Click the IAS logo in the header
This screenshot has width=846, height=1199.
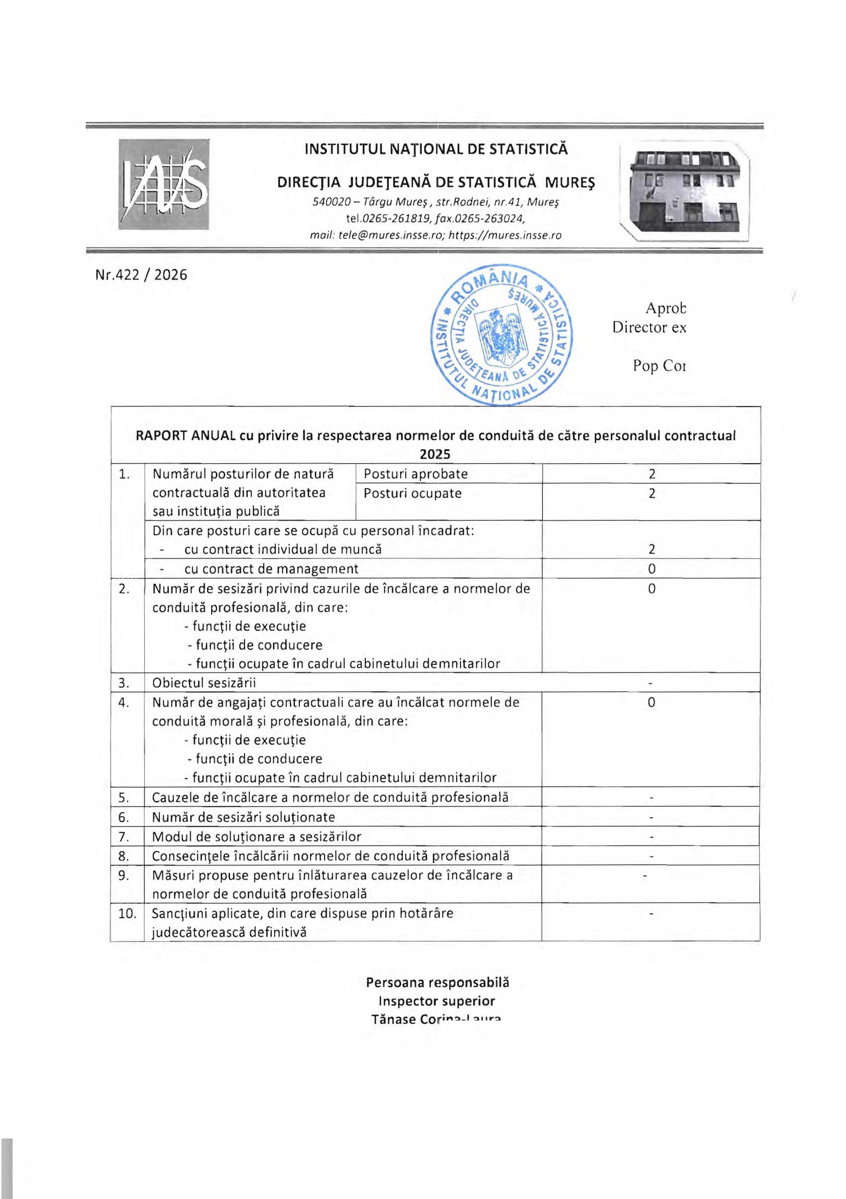click(163, 184)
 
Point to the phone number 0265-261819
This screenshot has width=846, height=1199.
click(395, 218)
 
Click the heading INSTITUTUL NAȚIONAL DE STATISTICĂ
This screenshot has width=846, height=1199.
click(436, 149)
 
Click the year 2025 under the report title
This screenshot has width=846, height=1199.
click(435, 454)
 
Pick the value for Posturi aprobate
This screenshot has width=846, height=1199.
click(651, 474)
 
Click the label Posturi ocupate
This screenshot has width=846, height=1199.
click(413, 493)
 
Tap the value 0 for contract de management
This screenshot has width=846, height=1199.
click(651, 569)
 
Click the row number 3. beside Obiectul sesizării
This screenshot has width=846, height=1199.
click(124, 682)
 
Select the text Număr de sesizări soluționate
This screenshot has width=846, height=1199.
click(244, 817)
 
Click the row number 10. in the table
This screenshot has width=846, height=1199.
click(127, 913)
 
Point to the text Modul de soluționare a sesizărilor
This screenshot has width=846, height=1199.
click(256, 836)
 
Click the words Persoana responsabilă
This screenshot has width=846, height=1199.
click(437, 982)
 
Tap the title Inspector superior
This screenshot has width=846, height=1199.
click(437, 1001)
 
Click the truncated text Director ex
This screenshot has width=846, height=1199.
click(649, 327)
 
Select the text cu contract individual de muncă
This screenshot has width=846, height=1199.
click(282, 549)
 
